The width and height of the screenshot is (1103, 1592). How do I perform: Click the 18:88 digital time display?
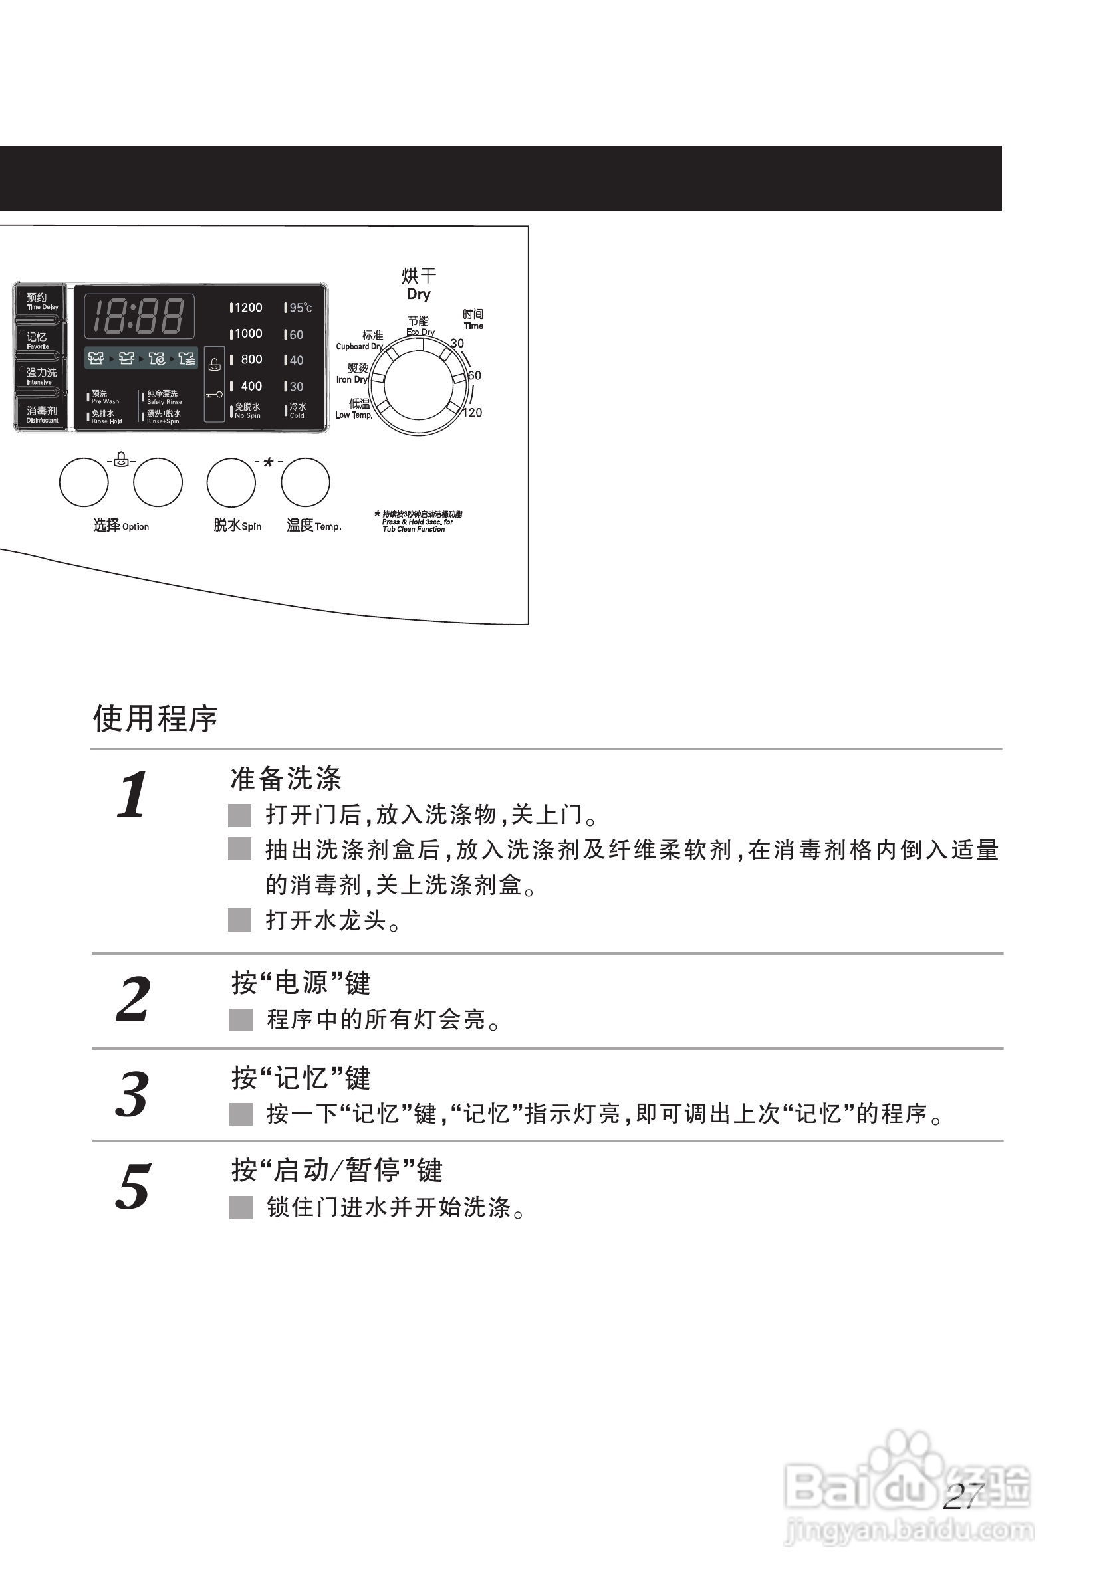[x=139, y=316]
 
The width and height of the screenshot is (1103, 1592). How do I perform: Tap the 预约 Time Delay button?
[x=40, y=301]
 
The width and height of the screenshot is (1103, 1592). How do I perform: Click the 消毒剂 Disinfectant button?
[x=41, y=414]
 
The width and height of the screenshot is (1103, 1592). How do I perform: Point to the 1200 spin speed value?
[x=247, y=308]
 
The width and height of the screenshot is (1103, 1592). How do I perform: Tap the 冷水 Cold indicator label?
[x=297, y=410]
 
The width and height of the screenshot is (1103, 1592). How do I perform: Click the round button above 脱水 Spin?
[x=231, y=482]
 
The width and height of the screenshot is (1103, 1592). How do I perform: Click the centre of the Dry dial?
[x=419, y=386]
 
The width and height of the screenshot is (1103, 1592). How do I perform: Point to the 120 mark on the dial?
[x=473, y=413]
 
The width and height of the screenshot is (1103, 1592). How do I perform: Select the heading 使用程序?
[x=156, y=718]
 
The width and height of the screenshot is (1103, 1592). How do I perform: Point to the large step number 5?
[x=132, y=1187]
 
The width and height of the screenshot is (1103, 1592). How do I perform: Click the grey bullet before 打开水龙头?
[x=240, y=920]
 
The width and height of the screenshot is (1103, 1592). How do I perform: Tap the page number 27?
[x=963, y=1498]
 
